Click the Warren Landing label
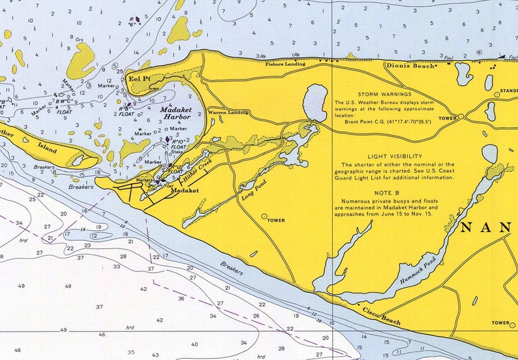[228, 113]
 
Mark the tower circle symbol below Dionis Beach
[461, 117]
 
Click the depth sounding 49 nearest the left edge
[22, 286]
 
